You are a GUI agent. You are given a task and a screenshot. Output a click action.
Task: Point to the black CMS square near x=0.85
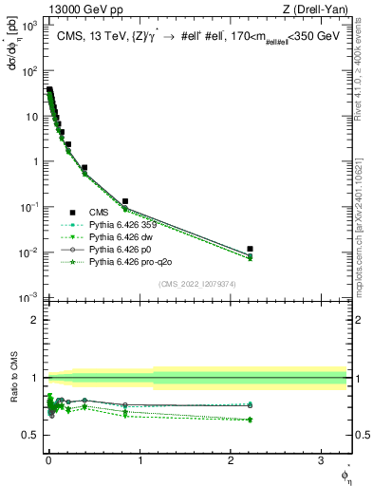125,201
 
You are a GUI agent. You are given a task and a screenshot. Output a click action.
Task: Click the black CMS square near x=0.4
84,168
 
